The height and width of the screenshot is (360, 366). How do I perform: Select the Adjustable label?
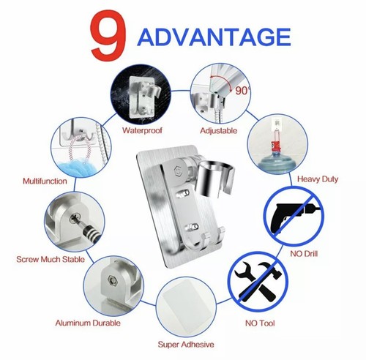point(219,132)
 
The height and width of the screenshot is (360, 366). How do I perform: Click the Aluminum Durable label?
point(88,322)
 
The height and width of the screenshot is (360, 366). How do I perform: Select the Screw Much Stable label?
point(49,259)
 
